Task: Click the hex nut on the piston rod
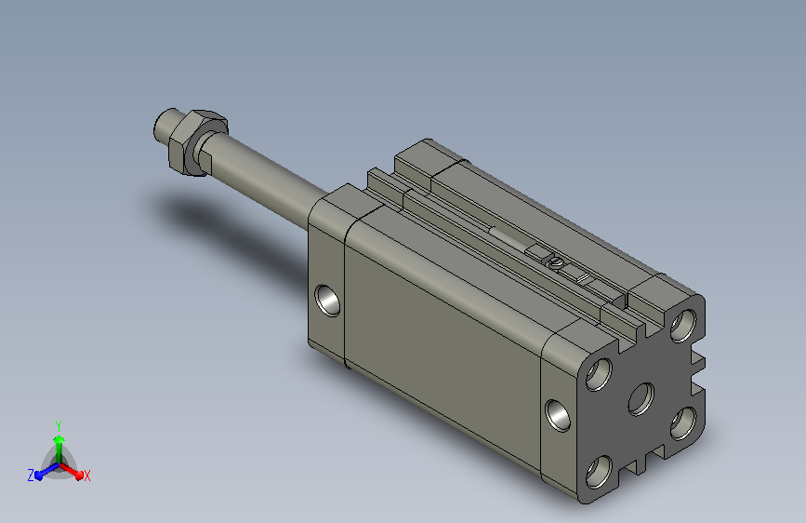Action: pos(197,142)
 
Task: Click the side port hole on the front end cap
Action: pos(327,300)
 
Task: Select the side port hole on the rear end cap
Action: pos(558,415)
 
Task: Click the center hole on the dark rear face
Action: pos(641,398)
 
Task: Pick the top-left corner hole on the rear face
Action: pos(599,374)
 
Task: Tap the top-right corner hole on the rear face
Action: pos(683,326)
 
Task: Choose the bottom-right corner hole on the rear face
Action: pos(683,423)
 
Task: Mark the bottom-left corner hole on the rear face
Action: pos(599,472)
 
